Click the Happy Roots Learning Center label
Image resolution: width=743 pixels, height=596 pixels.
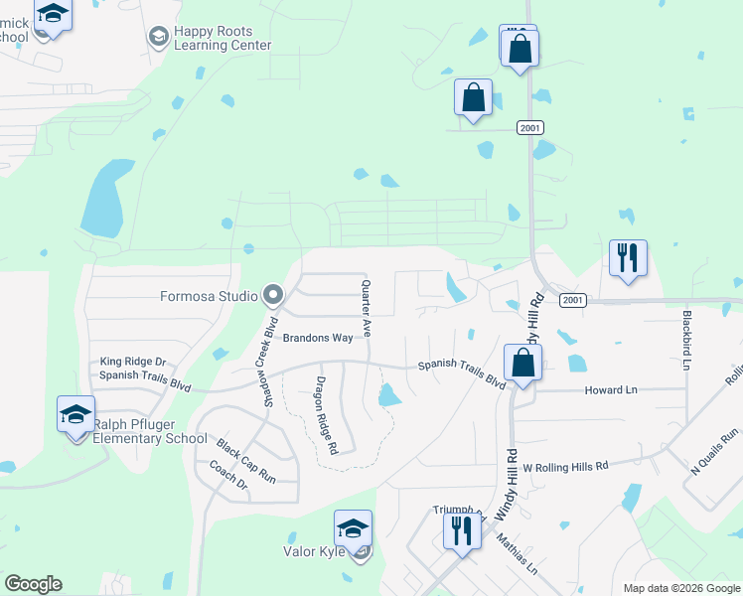(222, 38)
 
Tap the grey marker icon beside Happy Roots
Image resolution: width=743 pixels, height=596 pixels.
(158, 37)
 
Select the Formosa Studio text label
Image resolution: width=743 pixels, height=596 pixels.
(208, 295)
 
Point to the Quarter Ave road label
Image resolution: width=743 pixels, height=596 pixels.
(367, 309)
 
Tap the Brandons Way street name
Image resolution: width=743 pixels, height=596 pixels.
(318, 338)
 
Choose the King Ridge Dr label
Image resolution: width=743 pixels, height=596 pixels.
(133, 362)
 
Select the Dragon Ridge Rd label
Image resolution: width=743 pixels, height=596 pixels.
(327, 415)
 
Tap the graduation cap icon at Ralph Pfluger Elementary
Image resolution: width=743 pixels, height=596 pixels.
(75, 414)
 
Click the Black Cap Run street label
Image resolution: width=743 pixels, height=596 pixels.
(246, 461)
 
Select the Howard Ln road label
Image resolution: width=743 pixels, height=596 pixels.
(610, 390)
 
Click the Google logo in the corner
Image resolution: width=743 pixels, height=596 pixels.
(33, 584)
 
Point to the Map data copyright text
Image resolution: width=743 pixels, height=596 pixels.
(680, 588)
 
